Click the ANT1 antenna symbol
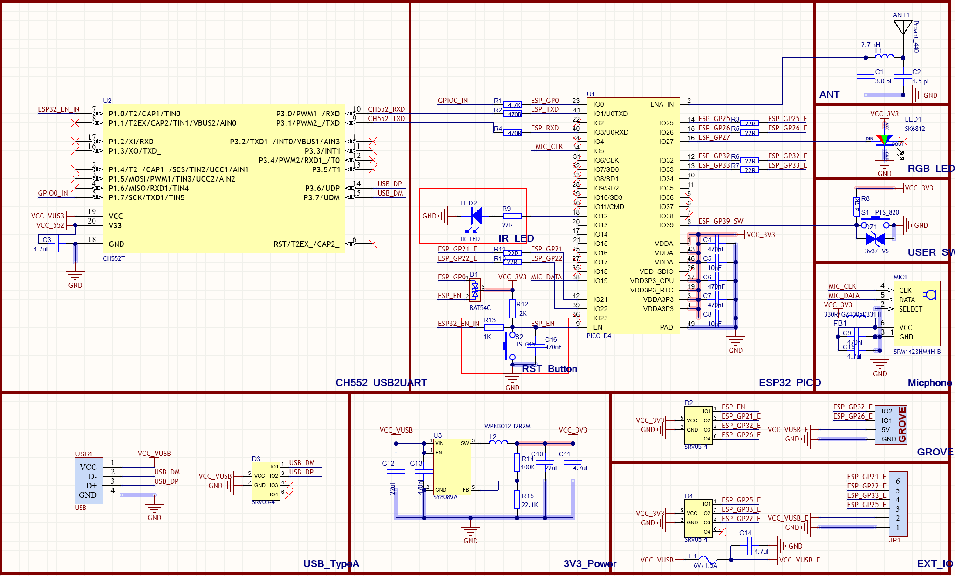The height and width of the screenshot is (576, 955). pos(903,27)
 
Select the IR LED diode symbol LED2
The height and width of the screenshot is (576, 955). pos(476,216)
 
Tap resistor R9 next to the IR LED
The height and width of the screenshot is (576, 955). pos(512,216)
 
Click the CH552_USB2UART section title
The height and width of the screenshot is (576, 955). pos(381,383)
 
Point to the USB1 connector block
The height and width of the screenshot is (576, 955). pos(89,480)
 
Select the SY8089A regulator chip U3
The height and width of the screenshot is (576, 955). pos(451,466)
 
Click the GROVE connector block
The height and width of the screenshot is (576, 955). pos(890,425)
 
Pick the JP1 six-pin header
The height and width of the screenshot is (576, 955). pos(898,504)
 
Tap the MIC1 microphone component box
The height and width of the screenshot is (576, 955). pos(916,313)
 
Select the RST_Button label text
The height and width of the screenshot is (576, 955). pos(549,369)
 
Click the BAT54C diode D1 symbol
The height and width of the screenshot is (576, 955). pos(475,290)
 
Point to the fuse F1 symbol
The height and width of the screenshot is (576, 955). pos(704,560)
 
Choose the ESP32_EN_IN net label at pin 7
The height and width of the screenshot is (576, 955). pos(59,109)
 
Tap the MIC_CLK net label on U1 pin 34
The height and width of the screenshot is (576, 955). pos(549,147)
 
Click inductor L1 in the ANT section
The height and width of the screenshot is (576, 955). pos(884,57)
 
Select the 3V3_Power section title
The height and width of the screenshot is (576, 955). pos(590,564)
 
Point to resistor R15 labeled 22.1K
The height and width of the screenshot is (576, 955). pos(517,499)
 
